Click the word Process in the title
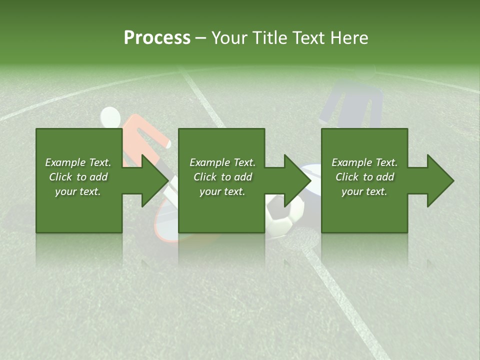point(157,38)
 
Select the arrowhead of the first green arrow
point(154,180)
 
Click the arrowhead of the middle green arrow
point(297,180)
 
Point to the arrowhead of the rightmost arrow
point(440,180)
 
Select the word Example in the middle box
point(208,162)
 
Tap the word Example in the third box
point(351,162)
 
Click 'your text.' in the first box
point(78,191)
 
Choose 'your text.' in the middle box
point(222,191)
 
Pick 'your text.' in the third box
point(364,191)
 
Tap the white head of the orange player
point(110,118)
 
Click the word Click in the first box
point(60,177)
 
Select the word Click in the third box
point(347,177)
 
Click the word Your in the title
point(228,38)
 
